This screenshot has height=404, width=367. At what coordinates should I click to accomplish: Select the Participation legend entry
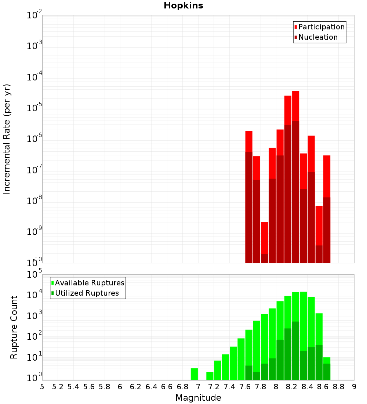coord(321,27)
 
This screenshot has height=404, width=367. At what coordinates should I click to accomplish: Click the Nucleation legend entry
coord(317,37)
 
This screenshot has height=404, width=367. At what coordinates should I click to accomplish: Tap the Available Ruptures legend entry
coord(89,283)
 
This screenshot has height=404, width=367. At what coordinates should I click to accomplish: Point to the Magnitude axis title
coord(198,398)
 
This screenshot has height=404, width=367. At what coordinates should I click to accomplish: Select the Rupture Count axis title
coord(14,327)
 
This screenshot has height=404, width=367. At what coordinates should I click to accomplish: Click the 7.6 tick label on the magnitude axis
coord(245,387)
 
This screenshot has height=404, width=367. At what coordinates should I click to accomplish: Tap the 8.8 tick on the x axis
coord(338,387)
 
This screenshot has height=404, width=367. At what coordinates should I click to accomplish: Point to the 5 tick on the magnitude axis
coord(42,387)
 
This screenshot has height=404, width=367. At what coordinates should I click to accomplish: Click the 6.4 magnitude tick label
coord(151,387)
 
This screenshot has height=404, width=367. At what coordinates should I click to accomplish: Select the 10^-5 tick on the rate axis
coord(34,108)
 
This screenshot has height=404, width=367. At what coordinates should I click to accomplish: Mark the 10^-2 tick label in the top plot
coord(34,15)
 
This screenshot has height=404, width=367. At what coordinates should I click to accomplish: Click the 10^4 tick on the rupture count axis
coord(34,295)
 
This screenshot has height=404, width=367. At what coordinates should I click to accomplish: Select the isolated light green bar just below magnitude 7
coord(195,374)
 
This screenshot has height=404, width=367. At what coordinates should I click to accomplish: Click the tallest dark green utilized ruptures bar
coord(296,349)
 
